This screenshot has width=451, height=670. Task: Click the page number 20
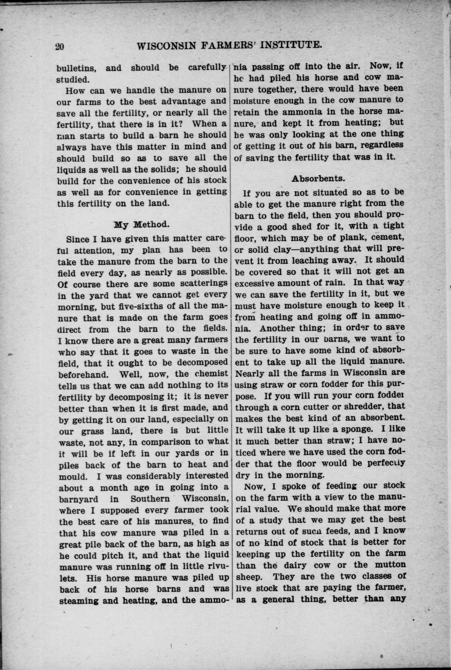[60, 46]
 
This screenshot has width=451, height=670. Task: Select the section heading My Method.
[142, 224]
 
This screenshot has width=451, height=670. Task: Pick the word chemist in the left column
[210, 373]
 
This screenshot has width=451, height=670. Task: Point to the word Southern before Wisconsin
[150, 499]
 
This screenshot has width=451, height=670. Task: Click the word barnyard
[78, 499]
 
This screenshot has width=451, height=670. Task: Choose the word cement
[387, 237]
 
